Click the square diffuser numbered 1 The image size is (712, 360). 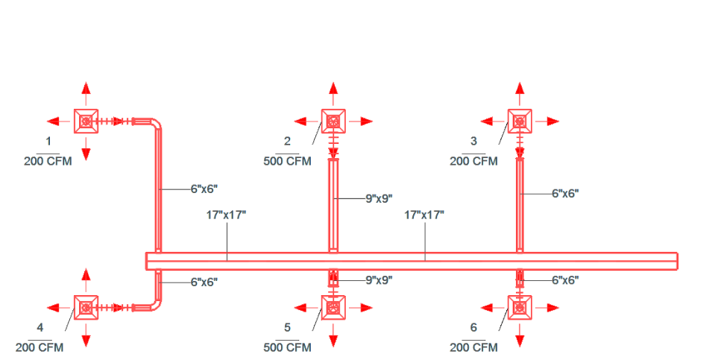86,121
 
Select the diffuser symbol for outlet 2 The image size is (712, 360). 333,121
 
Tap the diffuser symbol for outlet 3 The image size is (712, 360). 520,121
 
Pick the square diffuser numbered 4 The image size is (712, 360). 86,308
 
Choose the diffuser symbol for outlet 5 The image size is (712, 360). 333,308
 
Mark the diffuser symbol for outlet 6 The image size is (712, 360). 520,308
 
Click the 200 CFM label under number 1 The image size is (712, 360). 48,161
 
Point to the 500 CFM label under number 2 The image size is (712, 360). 288,161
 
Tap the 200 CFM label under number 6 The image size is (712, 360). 473,348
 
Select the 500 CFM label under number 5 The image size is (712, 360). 288,348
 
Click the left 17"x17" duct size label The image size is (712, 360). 226,215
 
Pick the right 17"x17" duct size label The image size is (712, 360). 424,215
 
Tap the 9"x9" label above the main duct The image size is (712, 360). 379,198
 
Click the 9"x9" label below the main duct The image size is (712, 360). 379,280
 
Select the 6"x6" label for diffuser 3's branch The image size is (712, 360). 565,193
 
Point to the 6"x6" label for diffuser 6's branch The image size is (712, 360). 565,280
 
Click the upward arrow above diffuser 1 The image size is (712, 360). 86,94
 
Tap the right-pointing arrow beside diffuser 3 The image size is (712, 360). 547,121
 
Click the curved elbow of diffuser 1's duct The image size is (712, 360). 155,124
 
